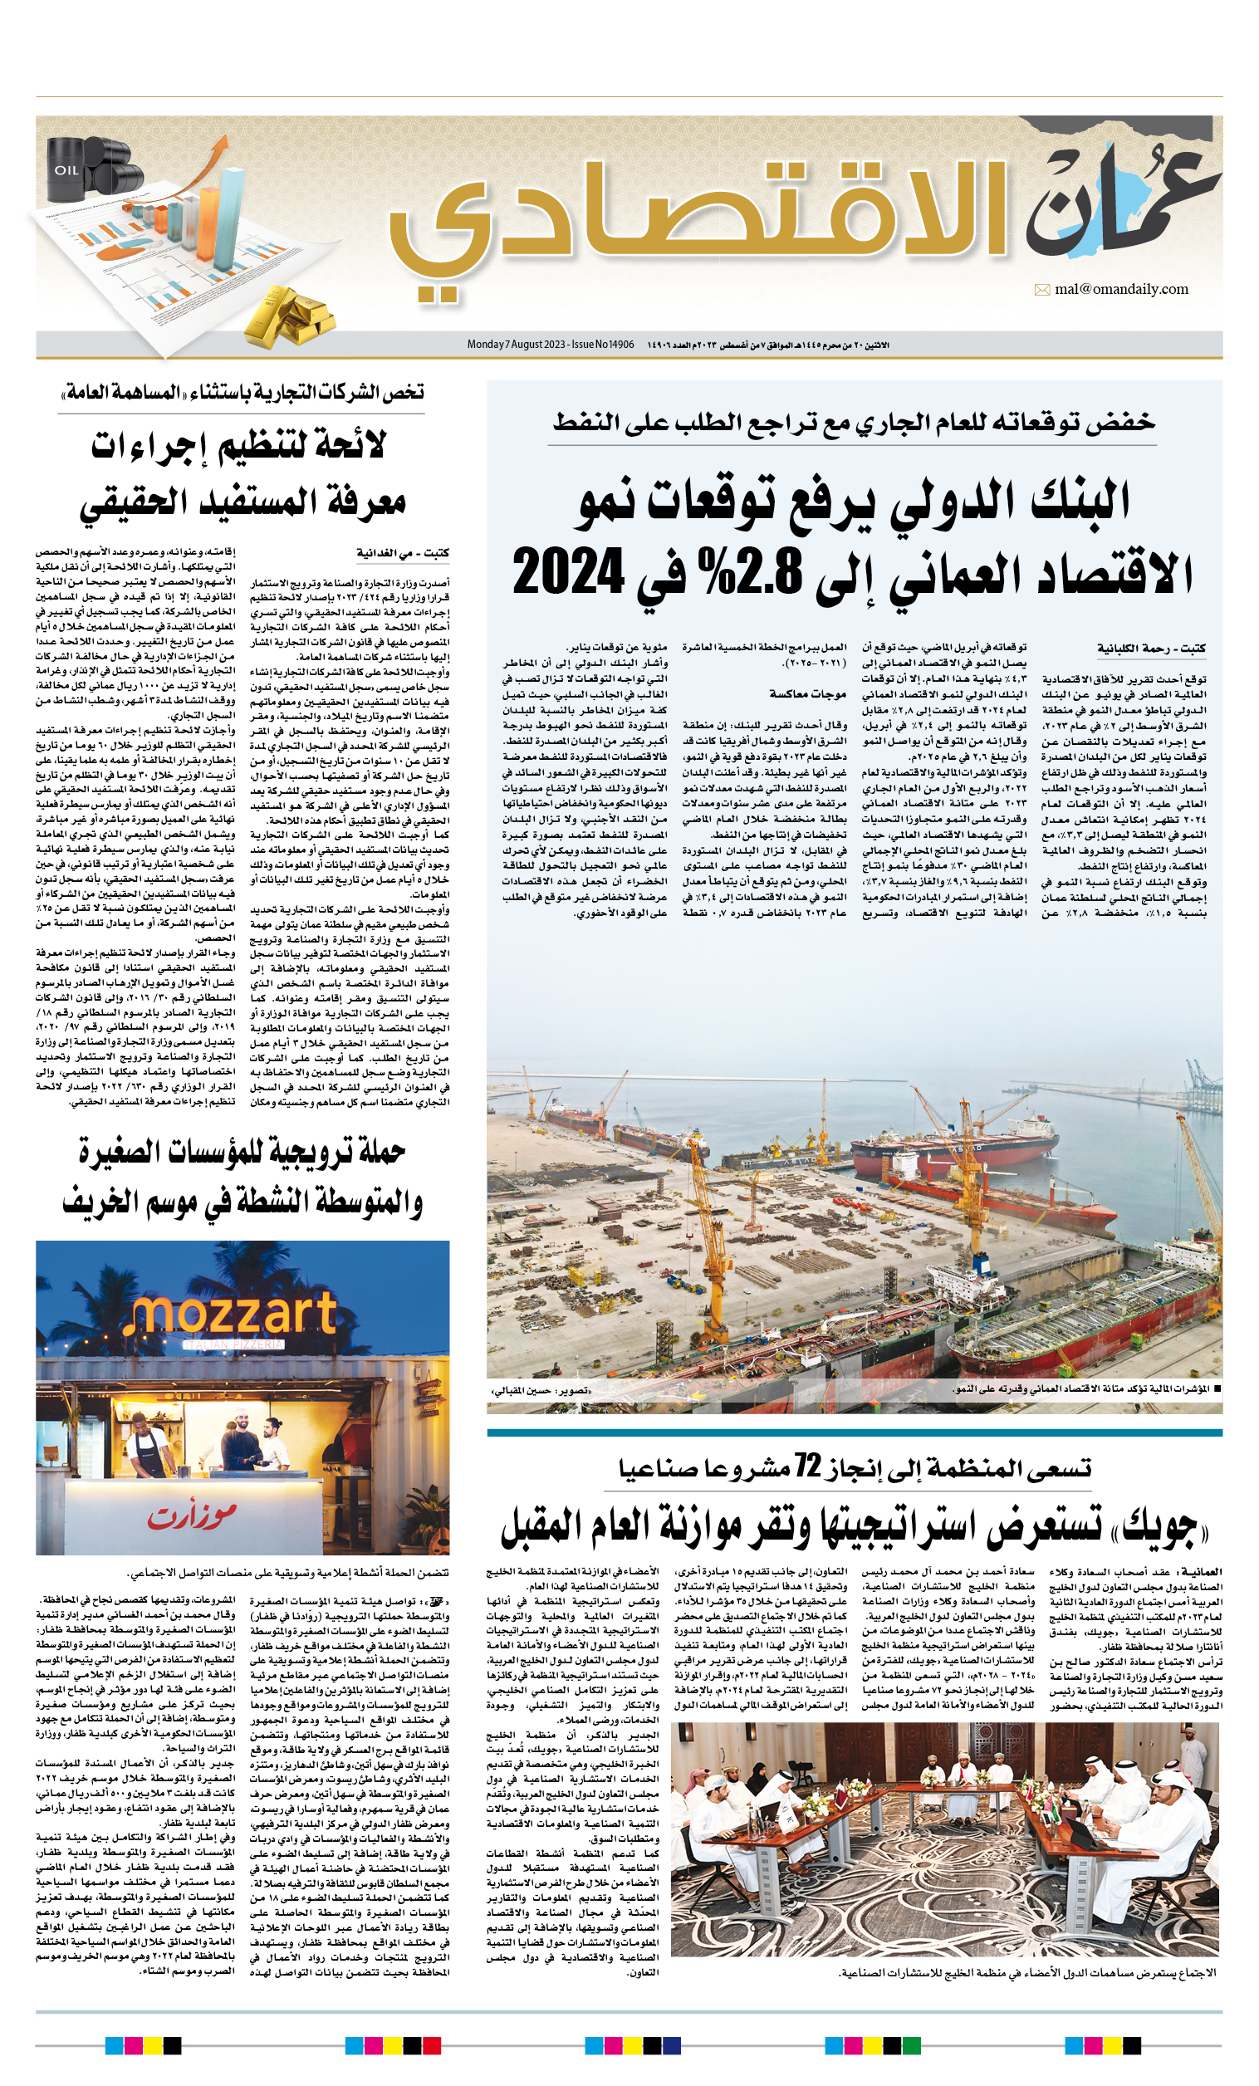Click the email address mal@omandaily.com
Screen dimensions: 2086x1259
[1121, 290]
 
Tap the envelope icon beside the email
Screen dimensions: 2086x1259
[1042, 291]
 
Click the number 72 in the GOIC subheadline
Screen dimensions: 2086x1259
[807, 1467]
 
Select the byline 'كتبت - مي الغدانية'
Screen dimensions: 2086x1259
[402, 553]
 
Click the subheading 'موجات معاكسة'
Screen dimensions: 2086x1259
[807, 693]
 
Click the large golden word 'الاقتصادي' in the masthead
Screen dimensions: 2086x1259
[694, 224]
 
